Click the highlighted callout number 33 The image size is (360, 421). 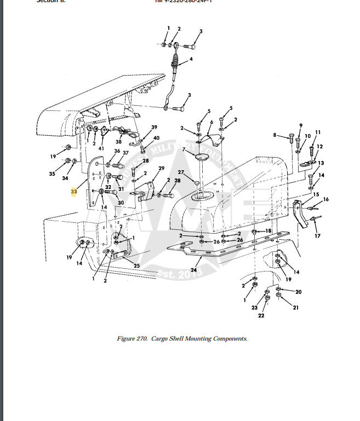pyautogui.click(x=73, y=192)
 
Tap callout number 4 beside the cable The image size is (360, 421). pyautogui.click(x=191, y=59)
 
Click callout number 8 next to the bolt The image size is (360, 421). pyautogui.click(x=275, y=134)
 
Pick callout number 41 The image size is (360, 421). pyautogui.click(x=101, y=148)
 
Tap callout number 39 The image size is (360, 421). pyautogui.click(x=155, y=127)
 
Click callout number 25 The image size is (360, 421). pyautogui.click(x=137, y=266)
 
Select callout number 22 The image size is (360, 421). pyautogui.click(x=261, y=315)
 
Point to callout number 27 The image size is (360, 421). pyautogui.click(x=180, y=172)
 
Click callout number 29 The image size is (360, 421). pyautogui.click(x=161, y=168)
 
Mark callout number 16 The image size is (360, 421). pyautogui.click(x=326, y=199)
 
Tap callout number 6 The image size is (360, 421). pyautogui.click(x=211, y=122)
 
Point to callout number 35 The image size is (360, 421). pyautogui.click(x=52, y=174)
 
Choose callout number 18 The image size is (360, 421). pyautogui.click(x=268, y=232)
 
